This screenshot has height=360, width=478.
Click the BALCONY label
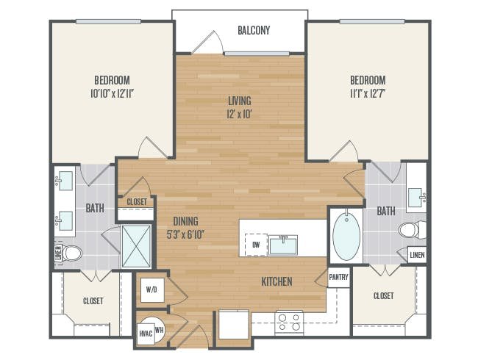click(x=254, y=30)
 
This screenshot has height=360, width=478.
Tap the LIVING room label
click(x=240, y=101)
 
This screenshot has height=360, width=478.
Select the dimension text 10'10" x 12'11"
click(x=113, y=93)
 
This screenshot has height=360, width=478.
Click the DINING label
click(x=185, y=221)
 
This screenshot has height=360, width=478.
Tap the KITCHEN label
click(x=277, y=281)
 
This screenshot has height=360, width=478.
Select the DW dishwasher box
click(x=256, y=245)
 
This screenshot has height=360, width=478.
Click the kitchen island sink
click(x=283, y=245)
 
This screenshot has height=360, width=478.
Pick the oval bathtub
click(x=346, y=236)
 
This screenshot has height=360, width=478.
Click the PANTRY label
click(x=338, y=277)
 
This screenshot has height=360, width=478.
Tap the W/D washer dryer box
click(x=151, y=290)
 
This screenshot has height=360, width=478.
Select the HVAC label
click(x=146, y=334)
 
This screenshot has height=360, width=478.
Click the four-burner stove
click(x=289, y=323)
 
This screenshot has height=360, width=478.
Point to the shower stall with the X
click(x=136, y=246)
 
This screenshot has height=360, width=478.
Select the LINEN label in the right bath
click(x=417, y=255)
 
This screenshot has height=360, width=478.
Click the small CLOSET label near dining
click(x=137, y=202)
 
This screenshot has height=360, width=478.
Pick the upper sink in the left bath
click(x=65, y=181)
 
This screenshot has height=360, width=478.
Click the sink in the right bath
click(x=416, y=198)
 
